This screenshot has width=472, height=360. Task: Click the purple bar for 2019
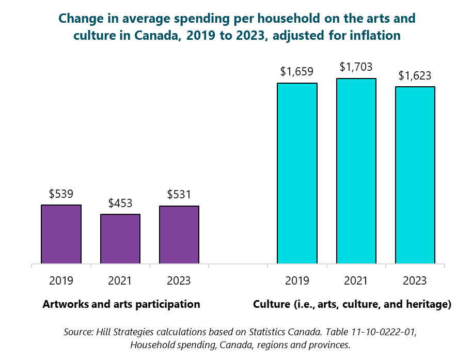pos(61,234)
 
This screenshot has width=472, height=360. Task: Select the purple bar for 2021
pos(120,239)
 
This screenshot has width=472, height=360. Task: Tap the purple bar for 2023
pos(179,234)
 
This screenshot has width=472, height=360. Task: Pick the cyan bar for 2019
pos(297,173)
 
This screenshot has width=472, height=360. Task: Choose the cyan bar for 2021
pos(356,171)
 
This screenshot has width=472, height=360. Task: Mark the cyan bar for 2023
pos(415,175)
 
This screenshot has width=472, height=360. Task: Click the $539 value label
pos(61,194)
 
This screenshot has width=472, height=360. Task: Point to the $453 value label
pos(120,204)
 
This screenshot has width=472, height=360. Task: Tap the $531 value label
pos(179,195)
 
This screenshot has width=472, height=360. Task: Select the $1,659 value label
pos(297,72)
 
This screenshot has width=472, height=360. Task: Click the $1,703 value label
pos(356,67)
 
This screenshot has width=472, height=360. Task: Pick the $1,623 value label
pos(415,76)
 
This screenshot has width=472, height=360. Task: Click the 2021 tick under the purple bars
pos(120,281)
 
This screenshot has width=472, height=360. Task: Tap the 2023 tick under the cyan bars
pos(415,281)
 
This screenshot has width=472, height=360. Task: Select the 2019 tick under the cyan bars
pos(297,281)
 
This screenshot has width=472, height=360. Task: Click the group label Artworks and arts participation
pos(121,304)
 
